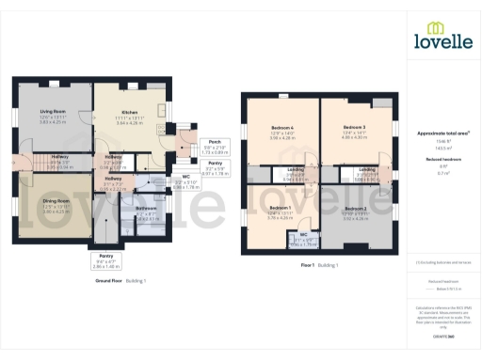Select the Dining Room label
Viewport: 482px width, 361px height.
coord(56,201)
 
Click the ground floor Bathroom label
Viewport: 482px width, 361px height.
coord(146,208)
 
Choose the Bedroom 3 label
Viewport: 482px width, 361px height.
coord(354,127)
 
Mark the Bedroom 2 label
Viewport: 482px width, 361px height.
coord(355,208)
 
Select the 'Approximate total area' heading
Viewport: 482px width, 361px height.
coord(442,133)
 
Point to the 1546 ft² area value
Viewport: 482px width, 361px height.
coord(442,141)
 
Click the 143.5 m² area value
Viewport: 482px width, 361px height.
coord(442,149)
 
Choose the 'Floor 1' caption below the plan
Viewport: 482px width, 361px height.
coord(308,266)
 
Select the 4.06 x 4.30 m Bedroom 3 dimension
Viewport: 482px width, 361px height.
coord(354,138)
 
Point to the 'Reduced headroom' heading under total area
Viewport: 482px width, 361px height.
coord(442,160)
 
